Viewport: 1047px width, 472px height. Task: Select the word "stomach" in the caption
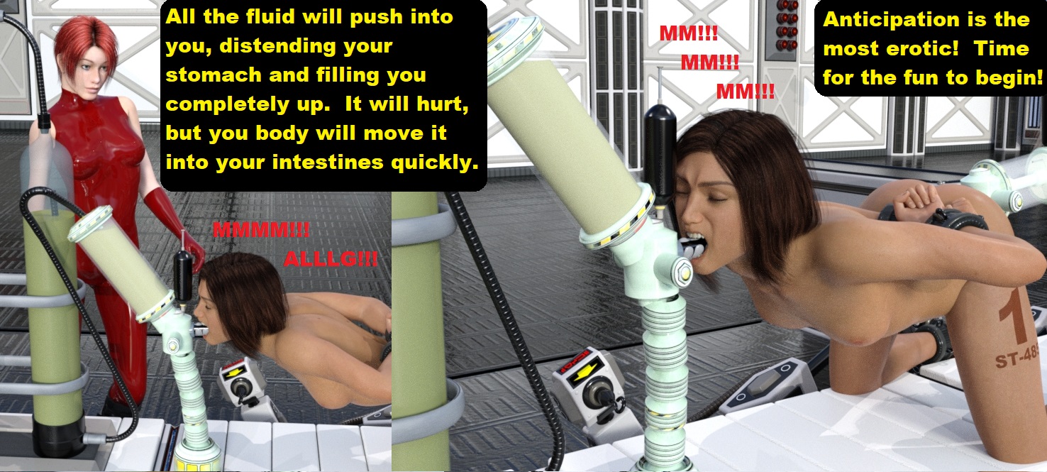point(213,75)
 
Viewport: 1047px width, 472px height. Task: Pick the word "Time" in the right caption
point(1001,48)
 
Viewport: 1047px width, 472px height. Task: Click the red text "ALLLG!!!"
point(331,259)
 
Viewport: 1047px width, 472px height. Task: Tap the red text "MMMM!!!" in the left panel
point(261,230)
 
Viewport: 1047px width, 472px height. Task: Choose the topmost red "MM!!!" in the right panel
point(689,33)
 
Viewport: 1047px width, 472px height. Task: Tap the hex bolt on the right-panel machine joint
point(682,272)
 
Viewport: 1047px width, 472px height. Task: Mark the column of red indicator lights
point(787,26)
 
